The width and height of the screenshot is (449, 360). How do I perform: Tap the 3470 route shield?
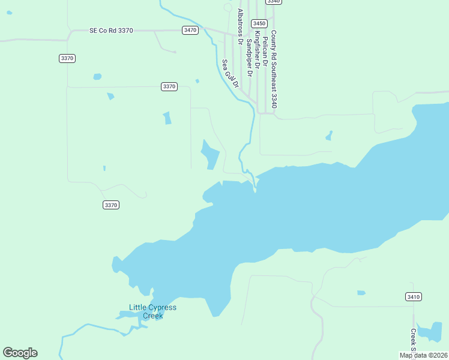pyautogui.click(x=190, y=30)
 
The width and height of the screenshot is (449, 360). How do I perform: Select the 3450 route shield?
pyautogui.click(x=259, y=23)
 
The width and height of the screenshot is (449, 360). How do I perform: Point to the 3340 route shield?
pyautogui.click(x=273, y=2)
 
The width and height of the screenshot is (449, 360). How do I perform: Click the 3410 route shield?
pyautogui.click(x=413, y=296)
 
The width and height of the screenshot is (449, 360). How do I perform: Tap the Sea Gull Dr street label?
pyautogui.click(x=231, y=74)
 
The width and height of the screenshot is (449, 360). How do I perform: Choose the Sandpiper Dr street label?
pyautogui.click(x=249, y=56)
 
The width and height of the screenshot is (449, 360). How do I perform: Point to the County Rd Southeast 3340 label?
pyautogui.click(x=274, y=69)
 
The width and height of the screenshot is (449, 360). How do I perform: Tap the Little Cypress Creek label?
pyautogui.click(x=153, y=311)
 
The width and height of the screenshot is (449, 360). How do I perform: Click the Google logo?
pyautogui.click(x=20, y=353)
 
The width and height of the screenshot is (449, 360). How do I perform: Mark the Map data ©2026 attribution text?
pyautogui.click(x=423, y=355)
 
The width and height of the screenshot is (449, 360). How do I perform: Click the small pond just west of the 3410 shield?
pyautogui.click(x=361, y=293)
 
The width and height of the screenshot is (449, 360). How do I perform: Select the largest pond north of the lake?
pyautogui.click(x=209, y=155)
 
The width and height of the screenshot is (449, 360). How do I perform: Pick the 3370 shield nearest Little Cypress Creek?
pyautogui.click(x=111, y=205)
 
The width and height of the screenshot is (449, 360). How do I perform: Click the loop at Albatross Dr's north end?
pyautogui.click(x=228, y=7)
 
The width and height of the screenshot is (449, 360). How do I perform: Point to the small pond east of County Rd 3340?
pyautogui.click(x=329, y=136)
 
